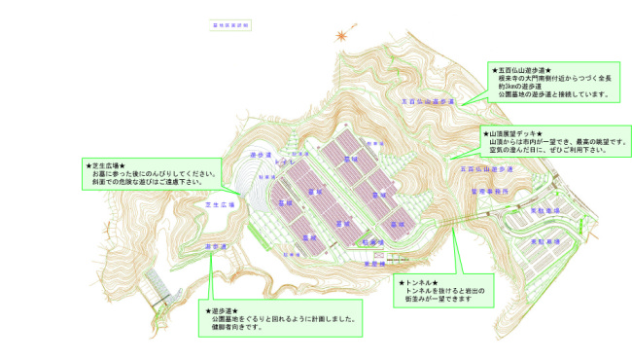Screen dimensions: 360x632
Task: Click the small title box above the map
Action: click(x=229, y=22)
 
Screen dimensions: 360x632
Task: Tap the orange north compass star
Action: click(x=341, y=36)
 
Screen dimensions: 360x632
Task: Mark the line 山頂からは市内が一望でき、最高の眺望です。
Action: click(x=559, y=143)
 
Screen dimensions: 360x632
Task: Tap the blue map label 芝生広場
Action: click(x=221, y=205)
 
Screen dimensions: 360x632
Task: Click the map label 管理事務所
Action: click(x=489, y=193)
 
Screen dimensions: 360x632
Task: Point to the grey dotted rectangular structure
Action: click(x=158, y=285)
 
